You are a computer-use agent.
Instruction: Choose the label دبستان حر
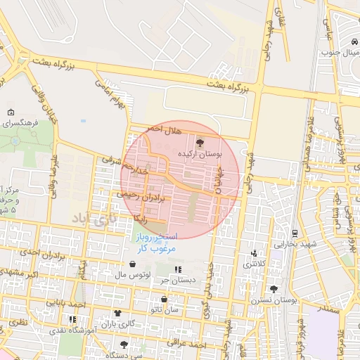[175, 280]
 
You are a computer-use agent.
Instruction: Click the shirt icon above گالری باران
[117, 314]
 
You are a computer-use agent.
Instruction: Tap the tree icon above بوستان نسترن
[274, 289]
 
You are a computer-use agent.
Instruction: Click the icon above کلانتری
[255, 254]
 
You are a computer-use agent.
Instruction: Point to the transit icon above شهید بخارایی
[295, 233]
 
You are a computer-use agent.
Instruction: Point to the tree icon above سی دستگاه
[124, 345]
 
